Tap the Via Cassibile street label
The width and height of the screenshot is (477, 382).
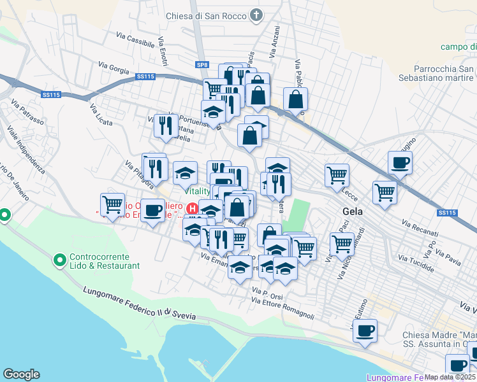click(136, 39)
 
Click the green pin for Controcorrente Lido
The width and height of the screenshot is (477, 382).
click(59, 260)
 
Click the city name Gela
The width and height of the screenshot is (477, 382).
click(353, 211)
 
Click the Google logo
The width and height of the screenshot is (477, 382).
click(21, 374)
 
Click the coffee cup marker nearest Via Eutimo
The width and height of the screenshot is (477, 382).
click(365, 331)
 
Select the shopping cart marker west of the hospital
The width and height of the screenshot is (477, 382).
click(113, 204)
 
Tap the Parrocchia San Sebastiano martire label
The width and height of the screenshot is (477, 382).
click(443, 73)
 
